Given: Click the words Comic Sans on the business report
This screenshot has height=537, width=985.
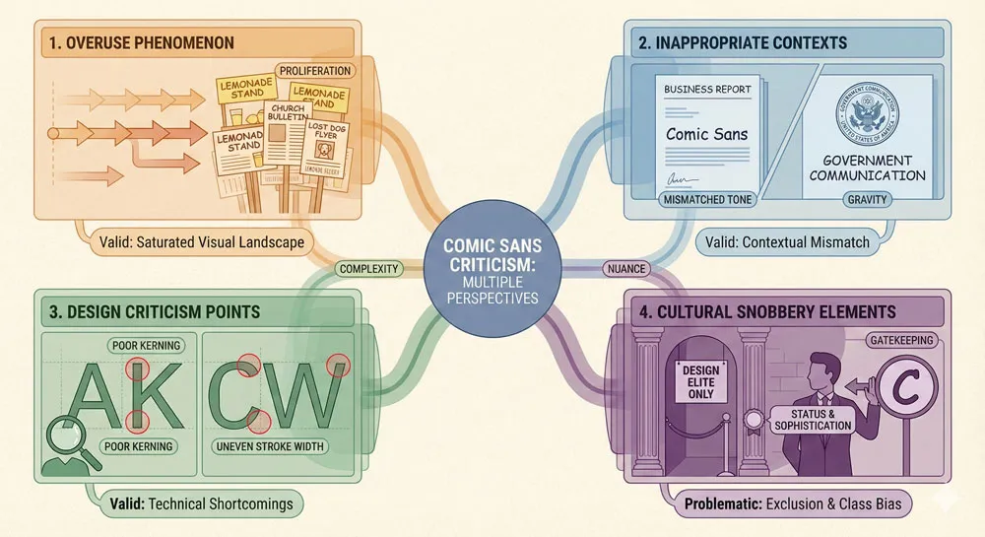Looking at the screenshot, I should tap(708, 133).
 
